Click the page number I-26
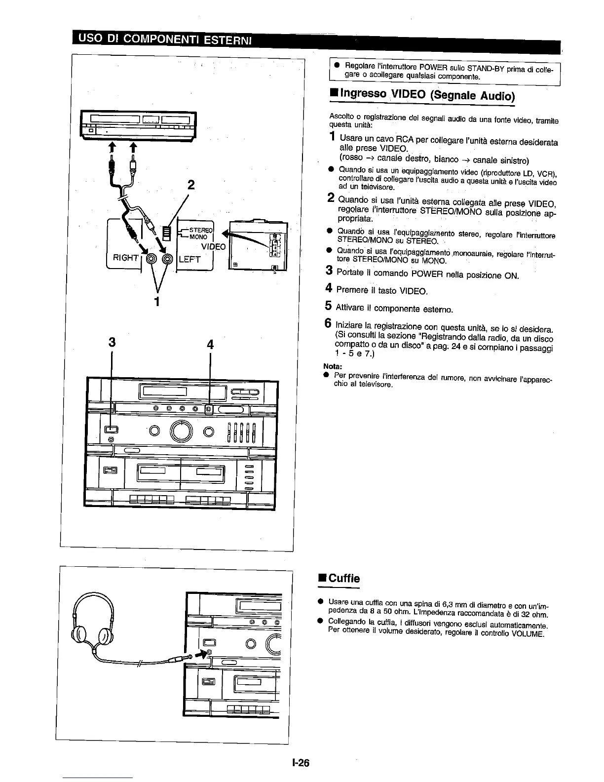click(x=300, y=763)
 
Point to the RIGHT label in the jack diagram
click(x=125, y=258)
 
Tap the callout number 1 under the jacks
click(x=156, y=301)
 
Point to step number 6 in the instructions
click(x=328, y=324)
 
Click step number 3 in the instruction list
click(x=328, y=271)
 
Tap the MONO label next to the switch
click(x=198, y=236)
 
